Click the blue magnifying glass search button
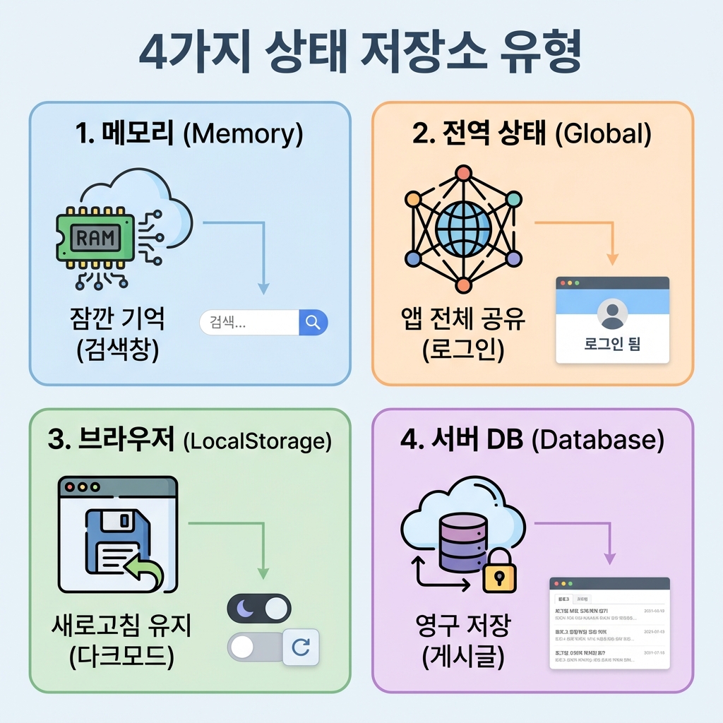313,323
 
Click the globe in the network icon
463,227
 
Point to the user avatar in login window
611,313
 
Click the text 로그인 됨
612,345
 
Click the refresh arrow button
301,647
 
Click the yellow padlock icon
499,573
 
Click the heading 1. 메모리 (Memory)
189,134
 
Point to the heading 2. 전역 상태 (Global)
532,134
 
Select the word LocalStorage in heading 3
257,441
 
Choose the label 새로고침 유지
122,626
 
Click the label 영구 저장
462,626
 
